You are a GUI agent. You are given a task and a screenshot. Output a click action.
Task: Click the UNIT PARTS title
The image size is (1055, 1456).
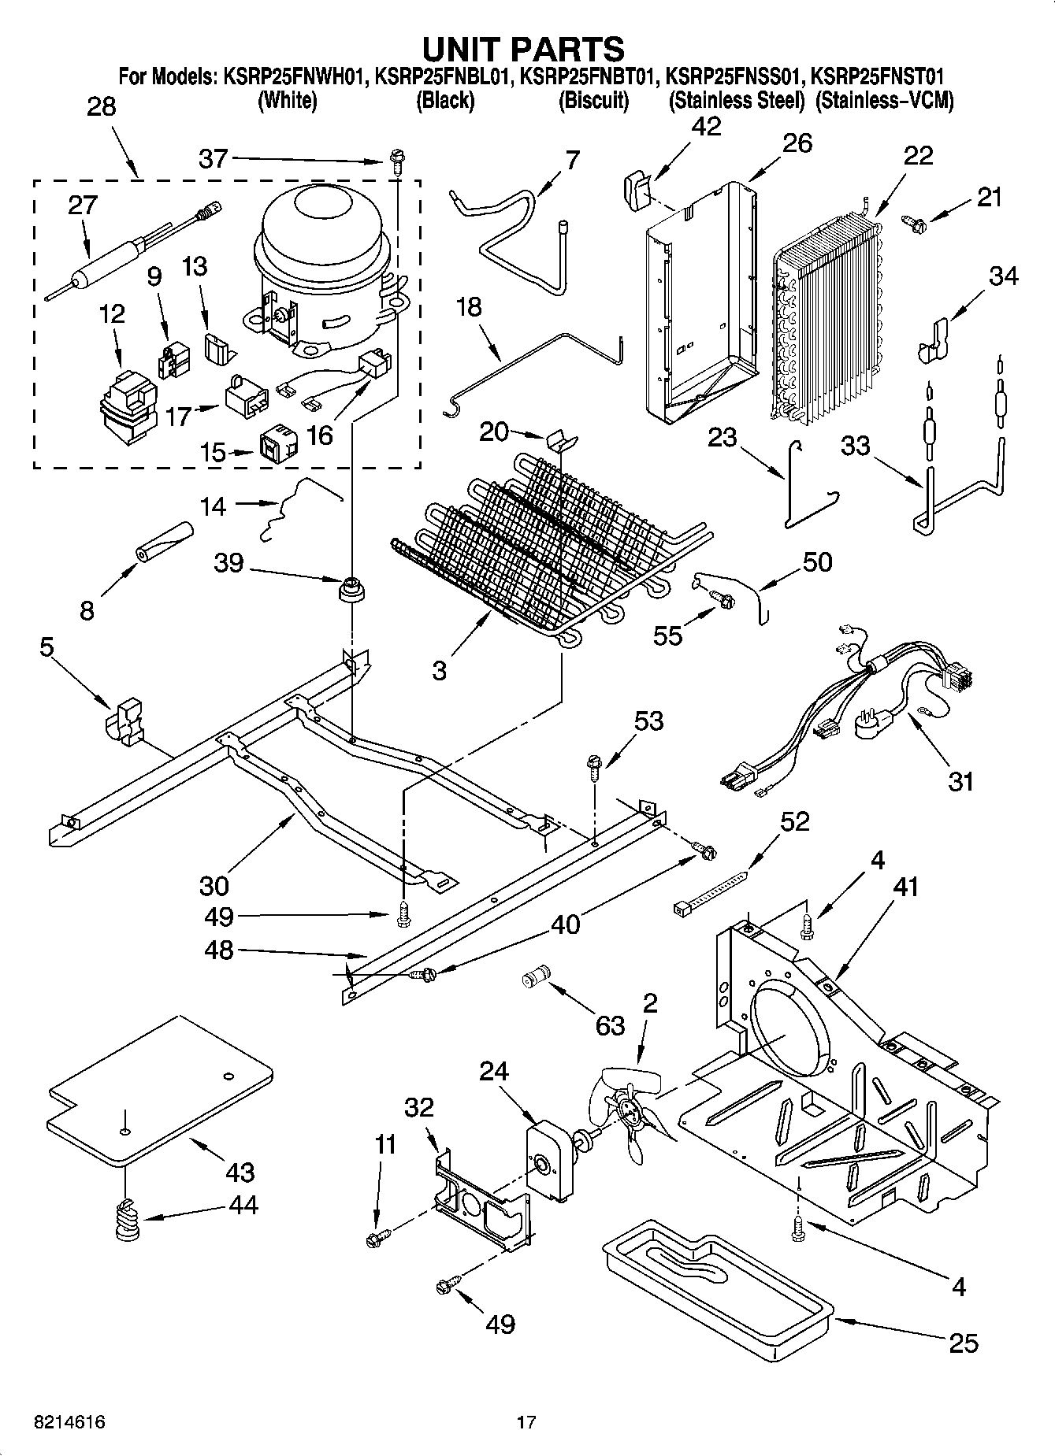coord(523,49)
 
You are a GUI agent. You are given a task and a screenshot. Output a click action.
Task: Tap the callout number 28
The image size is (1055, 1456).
coord(101,106)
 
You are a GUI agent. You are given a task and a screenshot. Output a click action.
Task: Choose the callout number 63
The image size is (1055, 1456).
coord(610,1024)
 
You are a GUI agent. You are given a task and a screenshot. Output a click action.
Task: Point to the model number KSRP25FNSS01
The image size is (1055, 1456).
coord(734,76)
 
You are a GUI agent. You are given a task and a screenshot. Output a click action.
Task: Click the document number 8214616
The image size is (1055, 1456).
coord(69,1421)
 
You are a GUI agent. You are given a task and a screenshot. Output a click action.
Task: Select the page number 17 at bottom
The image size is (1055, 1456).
coord(526,1421)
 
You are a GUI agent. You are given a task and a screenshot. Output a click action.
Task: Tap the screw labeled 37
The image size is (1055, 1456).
coord(396,164)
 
